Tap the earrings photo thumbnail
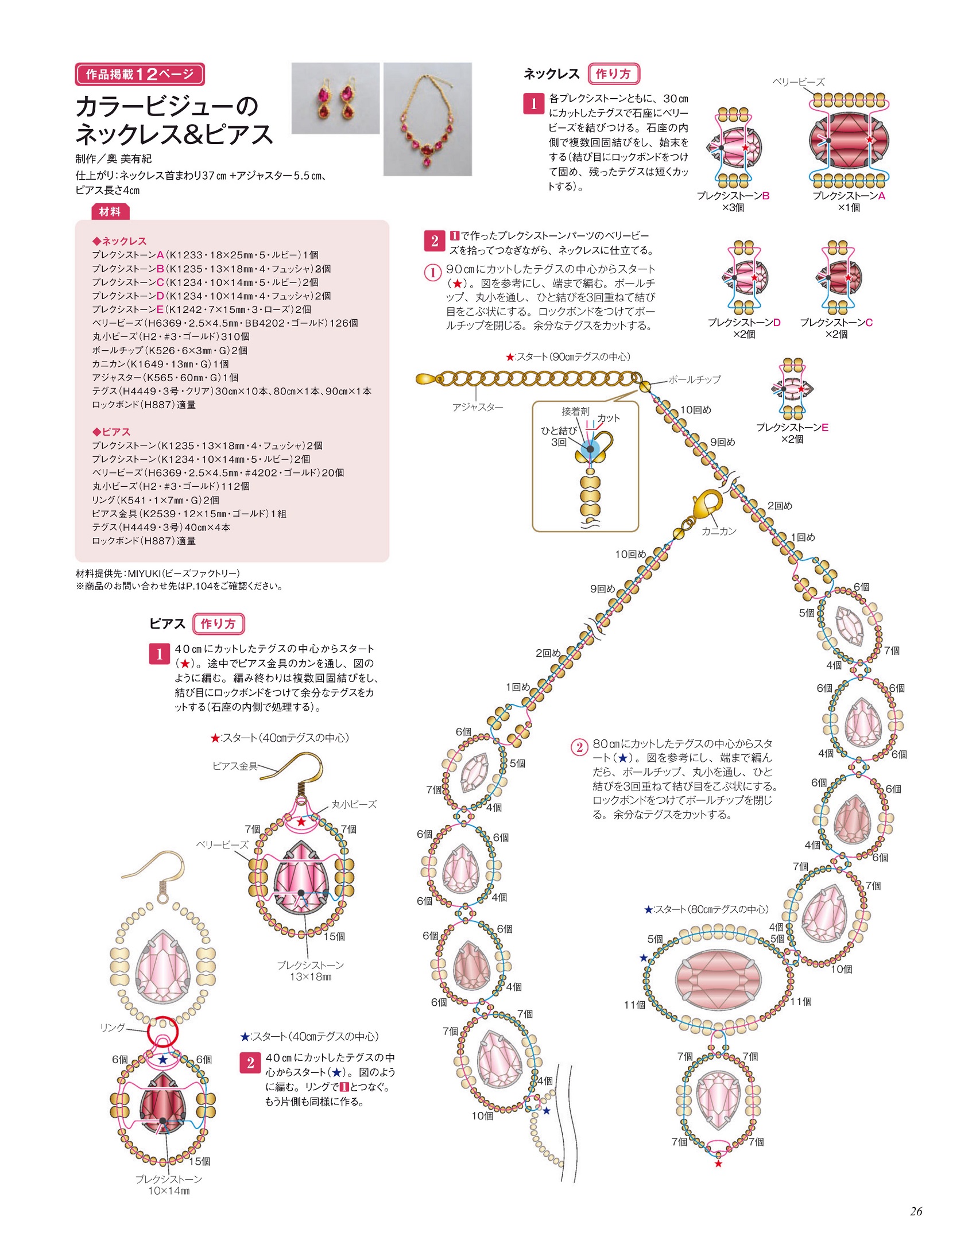(335, 98)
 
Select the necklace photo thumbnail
(427, 119)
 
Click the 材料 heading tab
(110, 212)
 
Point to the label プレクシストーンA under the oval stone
(849, 196)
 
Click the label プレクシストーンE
(792, 427)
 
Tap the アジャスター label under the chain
(477, 407)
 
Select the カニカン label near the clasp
(719, 531)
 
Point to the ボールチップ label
(694, 379)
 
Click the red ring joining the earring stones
(162, 1032)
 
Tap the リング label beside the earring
(113, 1028)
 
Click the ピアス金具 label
(235, 766)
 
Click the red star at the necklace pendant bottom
(718, 1164)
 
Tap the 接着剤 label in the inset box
(575, 411)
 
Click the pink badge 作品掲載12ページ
(140, 74)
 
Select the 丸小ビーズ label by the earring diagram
(354, 804)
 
